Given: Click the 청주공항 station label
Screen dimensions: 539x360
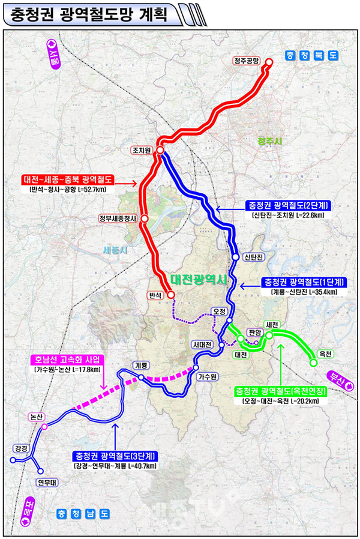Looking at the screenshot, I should click(247, 61).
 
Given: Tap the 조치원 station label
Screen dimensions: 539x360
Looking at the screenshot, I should click(142, 150).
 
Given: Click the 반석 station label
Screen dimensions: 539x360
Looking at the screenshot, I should click(154, 295).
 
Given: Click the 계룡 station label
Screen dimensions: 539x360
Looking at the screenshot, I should click(141, 365).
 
